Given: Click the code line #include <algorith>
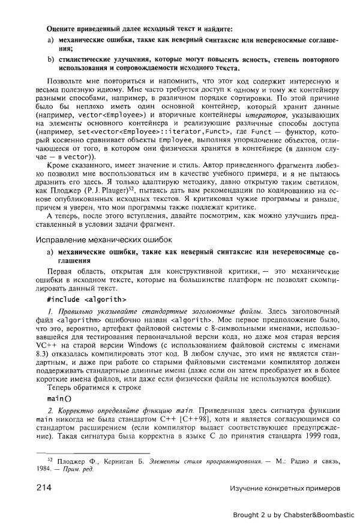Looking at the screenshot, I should (x=86, y=298).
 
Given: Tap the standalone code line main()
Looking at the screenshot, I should (x=59, y=398).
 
